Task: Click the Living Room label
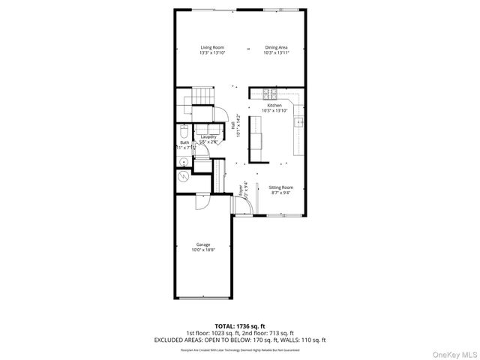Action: click(211, 47)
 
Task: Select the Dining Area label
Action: click(275, 47)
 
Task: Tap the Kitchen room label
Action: click(274, 106)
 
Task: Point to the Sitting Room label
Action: click(281, 187)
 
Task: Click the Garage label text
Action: click(203, 244)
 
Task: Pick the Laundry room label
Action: click(208, 136)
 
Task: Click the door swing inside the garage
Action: click(201, 202)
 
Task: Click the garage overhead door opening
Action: click(202, 298)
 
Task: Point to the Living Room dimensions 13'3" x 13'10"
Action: click(211, 53)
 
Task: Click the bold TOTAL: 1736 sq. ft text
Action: click(240, 325)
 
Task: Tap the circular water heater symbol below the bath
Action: click(183, 178)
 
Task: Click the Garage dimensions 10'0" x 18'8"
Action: click(203, 250)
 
